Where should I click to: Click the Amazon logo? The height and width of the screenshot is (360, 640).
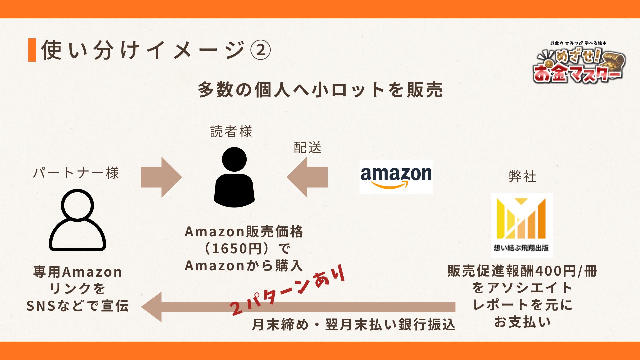396,177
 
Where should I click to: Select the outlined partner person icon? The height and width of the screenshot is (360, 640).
77,220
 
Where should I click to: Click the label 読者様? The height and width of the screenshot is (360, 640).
231,132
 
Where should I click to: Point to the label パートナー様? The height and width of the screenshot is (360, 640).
76,173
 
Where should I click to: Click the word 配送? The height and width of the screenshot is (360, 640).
307,148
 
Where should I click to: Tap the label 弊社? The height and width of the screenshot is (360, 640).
522,176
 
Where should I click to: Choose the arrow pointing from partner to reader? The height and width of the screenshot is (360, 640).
161,177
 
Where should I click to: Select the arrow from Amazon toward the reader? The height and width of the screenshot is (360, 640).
307,177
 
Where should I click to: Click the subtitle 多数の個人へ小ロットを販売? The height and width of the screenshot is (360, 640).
320,90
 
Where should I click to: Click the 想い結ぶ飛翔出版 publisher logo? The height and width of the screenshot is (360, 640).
522,225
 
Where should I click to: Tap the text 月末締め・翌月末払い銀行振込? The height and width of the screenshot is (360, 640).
353,324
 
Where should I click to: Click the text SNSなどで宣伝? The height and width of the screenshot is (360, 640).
77,306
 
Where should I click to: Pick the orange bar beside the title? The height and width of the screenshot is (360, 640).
32,50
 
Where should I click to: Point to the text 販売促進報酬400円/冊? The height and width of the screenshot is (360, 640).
522,271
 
